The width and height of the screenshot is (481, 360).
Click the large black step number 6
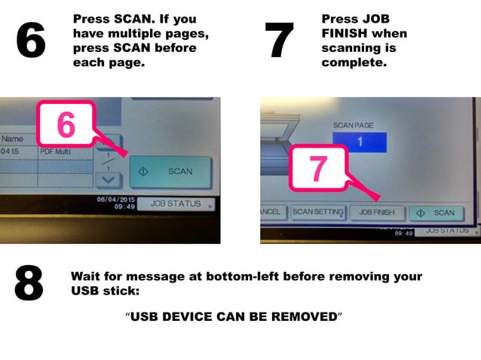click(31, 41)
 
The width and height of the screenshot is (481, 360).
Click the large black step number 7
click(279, 41)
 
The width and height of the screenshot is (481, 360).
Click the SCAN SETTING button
click(317, 213)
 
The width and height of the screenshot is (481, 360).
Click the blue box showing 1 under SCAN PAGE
click(359, 142)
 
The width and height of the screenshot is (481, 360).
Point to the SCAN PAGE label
click(354, 124)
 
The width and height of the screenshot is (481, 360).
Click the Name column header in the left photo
click(12, 139)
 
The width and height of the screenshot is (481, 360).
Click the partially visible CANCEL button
click(271, 213)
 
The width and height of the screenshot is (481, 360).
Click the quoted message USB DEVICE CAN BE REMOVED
click(234, 317)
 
